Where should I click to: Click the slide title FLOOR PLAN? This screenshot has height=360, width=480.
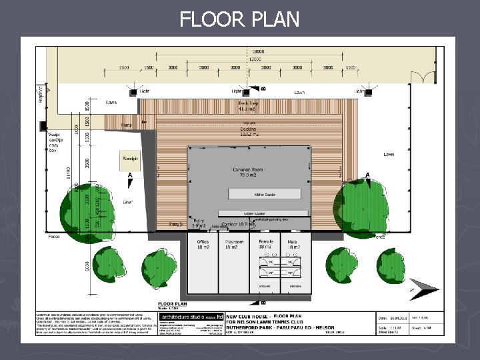[x=239, y=19]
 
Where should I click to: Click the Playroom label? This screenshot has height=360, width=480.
[x=233, y=244]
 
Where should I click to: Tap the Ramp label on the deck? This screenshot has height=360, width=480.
[x=126, y=125]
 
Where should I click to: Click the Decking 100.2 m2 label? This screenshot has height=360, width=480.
[x=247, y=131]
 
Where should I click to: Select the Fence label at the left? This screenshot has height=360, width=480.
[x=54, y=236]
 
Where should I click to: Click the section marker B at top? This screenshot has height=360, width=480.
[x=263, y=88]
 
